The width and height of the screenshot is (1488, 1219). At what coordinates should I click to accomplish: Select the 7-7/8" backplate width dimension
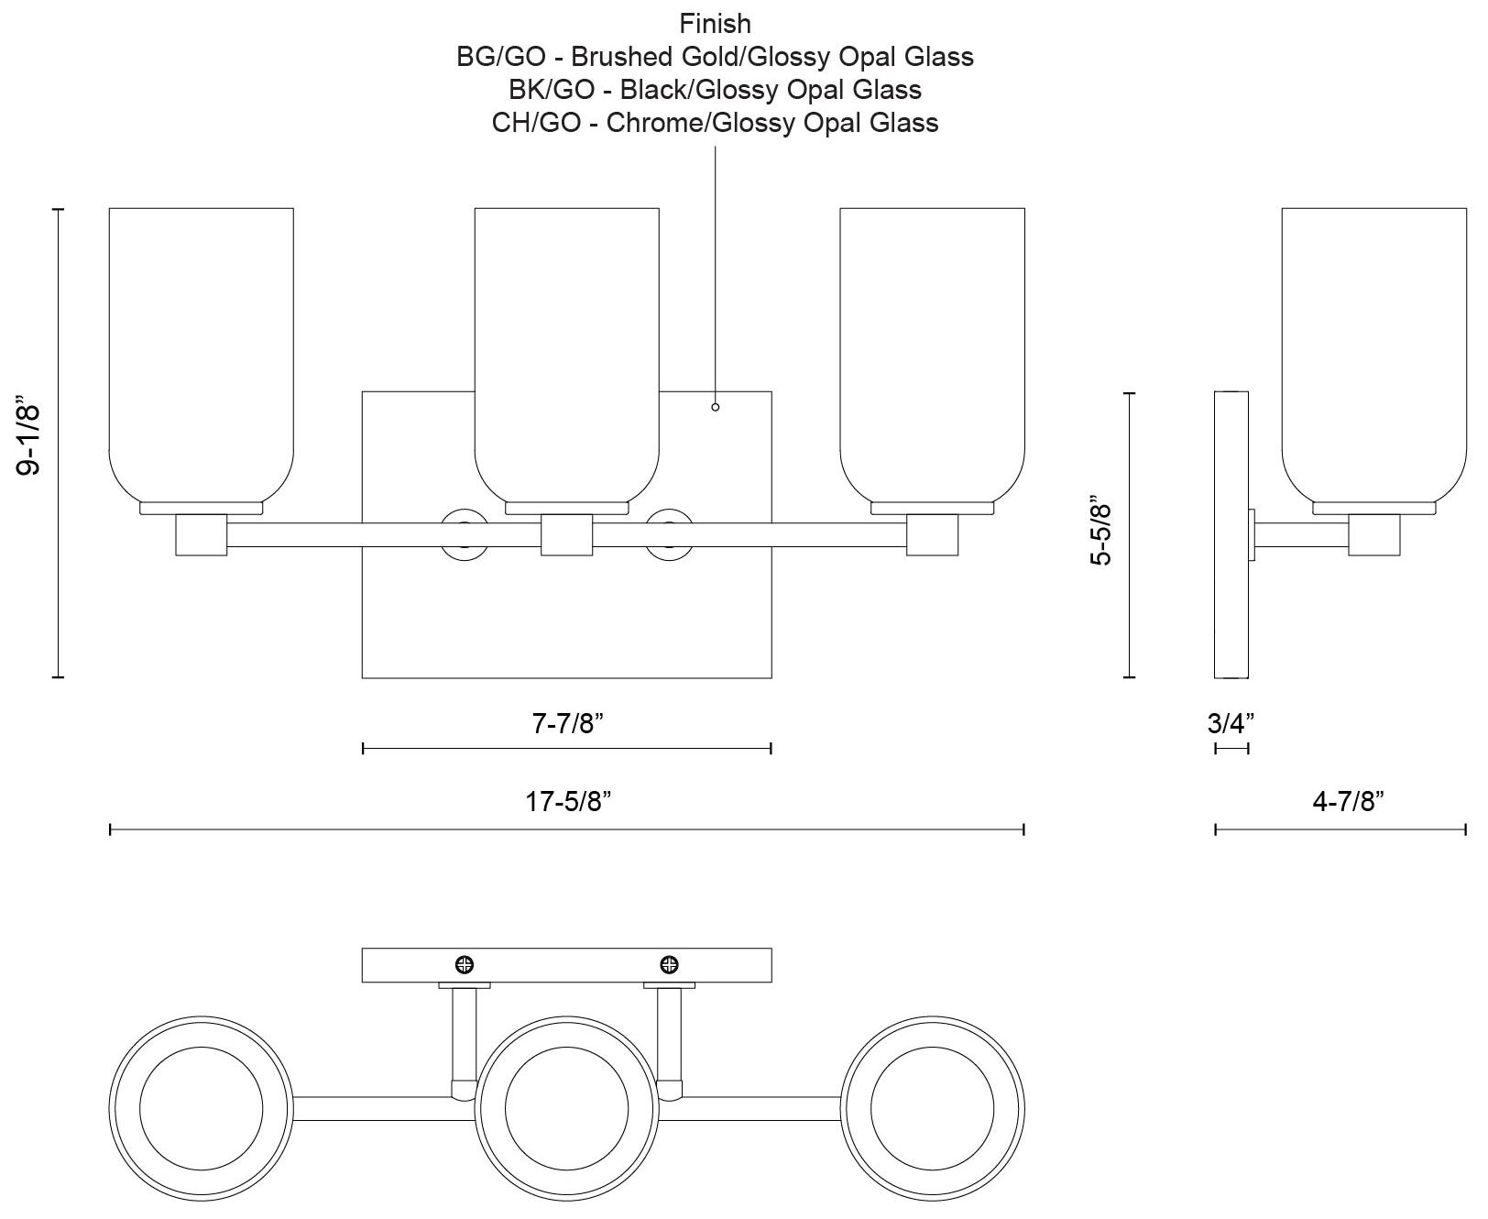coord(567,724)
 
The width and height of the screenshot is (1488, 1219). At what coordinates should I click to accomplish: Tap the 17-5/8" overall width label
coord(568,803)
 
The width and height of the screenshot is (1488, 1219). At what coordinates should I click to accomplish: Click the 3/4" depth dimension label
coord(1231,724)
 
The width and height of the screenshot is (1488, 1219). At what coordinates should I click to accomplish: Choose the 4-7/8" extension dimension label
coord(1347,803)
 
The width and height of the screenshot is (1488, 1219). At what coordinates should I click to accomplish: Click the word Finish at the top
coord(715,24)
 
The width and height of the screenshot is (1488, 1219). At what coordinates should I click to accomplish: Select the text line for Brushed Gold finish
coord(715,57)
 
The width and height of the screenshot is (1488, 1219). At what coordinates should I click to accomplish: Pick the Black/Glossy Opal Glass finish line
coord(715,90)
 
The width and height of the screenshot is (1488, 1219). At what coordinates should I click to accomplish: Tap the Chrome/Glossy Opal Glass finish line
coord(715,123)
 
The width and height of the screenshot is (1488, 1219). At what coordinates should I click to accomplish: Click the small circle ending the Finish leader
coord(716,407)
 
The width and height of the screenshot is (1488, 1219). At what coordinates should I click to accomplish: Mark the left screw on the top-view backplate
coord(465,964)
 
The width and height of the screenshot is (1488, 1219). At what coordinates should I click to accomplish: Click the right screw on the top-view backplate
coord(670,964)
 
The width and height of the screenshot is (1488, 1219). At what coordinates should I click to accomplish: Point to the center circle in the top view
coord(566,1107)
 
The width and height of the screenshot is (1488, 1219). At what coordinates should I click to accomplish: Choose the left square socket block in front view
coord(201,535)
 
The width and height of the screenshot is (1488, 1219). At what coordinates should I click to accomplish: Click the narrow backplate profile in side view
coord(1231,535)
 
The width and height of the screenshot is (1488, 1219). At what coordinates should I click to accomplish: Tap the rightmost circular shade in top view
coord(932,1107)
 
